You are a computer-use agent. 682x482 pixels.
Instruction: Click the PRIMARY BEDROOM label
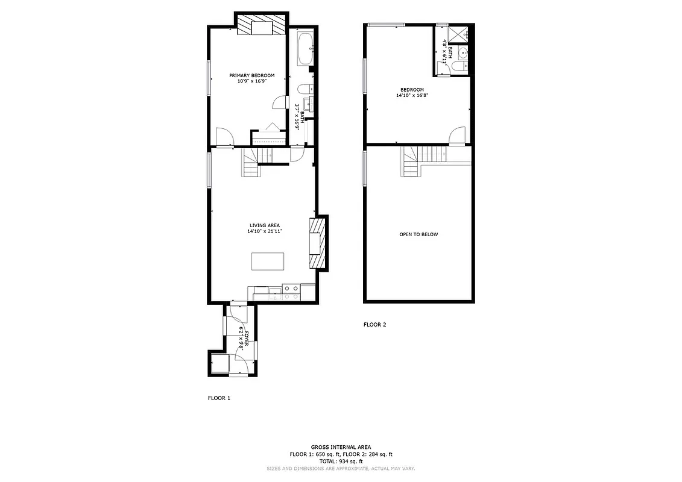[x=251, y=75]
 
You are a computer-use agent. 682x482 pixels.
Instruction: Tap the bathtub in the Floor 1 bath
[x=305, y=49]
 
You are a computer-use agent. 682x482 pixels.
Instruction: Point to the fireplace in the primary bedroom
[x=261, y=26]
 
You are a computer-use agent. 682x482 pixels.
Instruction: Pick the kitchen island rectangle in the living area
[x=267, y=262]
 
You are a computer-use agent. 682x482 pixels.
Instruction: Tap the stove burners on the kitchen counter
[x=291, y=293]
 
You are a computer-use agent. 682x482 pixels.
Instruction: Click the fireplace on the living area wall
[x=317, y=243]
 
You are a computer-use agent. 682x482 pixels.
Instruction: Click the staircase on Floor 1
[x=252, y=163]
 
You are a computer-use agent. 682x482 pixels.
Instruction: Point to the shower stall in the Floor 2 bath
[x=458, y=34]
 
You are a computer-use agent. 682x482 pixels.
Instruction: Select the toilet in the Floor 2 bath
[x=459, y=66]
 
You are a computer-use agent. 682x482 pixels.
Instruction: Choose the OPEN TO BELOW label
[x=418, y=234]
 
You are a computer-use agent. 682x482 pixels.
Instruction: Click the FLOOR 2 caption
[x=374, y=325]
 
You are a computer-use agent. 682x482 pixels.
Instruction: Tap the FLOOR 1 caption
[x=219, y=398]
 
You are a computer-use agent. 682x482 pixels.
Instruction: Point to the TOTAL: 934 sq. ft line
[x=341, y=461]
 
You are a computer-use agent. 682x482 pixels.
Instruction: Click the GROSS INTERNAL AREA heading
[x=341, y=447]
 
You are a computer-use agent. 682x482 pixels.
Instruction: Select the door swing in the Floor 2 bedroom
[x=458, y=136]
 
